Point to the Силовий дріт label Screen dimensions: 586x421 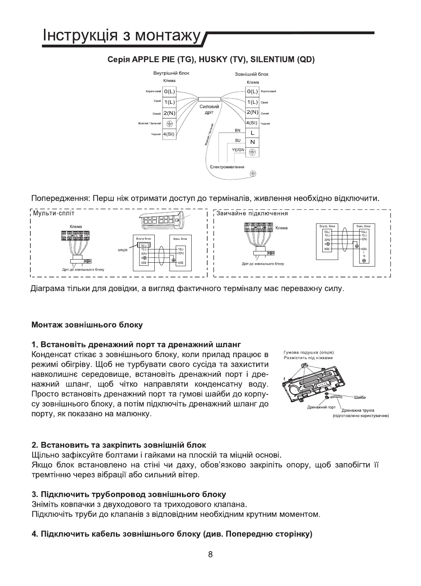click(x=209, y=109)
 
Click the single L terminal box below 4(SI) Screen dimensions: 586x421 click(x=252, y=133)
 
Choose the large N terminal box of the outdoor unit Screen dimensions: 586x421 click(x=252, y=143)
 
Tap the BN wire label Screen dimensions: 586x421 click(x=238, y=130)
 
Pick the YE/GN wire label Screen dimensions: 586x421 click(x=238, y=150)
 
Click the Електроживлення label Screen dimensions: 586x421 click(x=227, y=167)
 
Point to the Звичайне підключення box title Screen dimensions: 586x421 click(x=252, y=213)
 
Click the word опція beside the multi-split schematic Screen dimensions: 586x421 click(x=122, y=250)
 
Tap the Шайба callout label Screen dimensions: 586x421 click(x=360, y=397)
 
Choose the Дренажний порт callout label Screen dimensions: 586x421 click(x=321, y=407)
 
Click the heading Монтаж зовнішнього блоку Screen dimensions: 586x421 click(x=87, y=325)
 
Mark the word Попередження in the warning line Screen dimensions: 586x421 click(x=60, y=199)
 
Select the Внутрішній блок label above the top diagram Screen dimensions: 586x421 click(x=171, y=73)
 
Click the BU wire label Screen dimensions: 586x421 click(x=238, y=140)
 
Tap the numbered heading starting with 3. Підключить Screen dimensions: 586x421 click(x=128, y=495)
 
